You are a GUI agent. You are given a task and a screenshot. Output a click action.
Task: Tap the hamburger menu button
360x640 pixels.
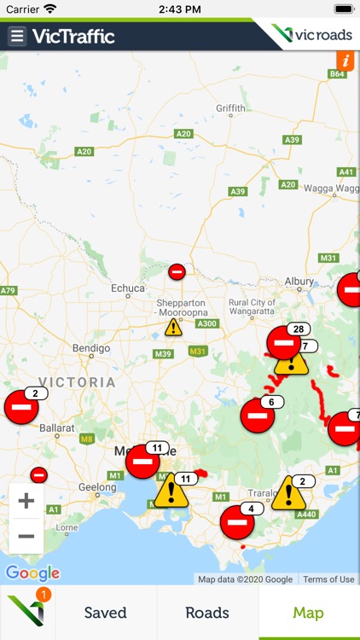(x=17, y=36)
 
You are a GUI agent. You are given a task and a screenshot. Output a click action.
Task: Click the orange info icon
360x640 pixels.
(x=346, y=61)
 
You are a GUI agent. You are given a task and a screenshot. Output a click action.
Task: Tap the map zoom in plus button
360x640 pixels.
(x=26, y=501)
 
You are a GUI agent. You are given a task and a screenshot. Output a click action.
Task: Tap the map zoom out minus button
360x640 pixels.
(x=26, y=537)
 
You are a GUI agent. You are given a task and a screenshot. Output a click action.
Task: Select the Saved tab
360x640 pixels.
(x=105, y=613)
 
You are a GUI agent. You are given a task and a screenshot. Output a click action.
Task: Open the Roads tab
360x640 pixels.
(x=207, y=613)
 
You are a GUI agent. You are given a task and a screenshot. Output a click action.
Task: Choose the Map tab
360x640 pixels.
(x=309, y=613)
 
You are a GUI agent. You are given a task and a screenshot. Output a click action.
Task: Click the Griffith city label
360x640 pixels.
(x=230, y=108)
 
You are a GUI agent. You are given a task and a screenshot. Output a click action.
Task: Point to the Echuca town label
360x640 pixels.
(x=129, y=288)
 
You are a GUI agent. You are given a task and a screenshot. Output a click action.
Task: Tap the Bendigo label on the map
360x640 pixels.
(x=90, y=348)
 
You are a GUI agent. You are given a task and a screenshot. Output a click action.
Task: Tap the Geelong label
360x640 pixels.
(x=97, y=487)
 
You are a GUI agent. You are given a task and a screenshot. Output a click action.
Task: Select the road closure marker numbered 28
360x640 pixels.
(x=284, y=342)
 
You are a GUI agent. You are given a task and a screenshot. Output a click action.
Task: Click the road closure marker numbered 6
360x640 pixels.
(x=257, y=416)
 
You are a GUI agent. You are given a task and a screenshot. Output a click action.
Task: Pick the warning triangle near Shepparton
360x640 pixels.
(x=173, y=327)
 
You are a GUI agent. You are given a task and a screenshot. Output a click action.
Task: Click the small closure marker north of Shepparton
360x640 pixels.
(x=177, y=272)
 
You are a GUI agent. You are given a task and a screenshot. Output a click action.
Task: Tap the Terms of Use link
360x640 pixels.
(x=328, y=579)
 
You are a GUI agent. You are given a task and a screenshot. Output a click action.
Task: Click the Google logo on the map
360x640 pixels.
(x=33, y=573)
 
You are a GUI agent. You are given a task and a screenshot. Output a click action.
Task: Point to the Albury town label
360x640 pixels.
(x=299, y=281)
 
